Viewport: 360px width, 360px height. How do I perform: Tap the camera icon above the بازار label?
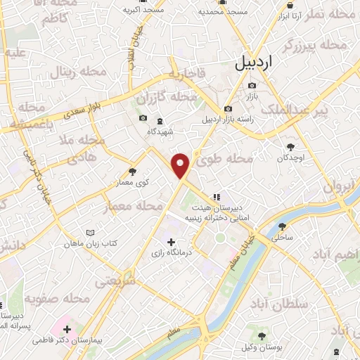(252, 85)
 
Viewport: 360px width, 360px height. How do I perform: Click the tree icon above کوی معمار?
(133, 172)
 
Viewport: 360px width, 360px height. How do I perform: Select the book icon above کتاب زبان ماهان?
(89, 233)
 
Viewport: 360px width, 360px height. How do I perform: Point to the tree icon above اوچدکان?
(290, 147)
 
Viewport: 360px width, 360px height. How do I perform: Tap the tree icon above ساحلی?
(283, 226)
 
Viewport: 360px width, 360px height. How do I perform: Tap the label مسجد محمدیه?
(223, 12)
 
